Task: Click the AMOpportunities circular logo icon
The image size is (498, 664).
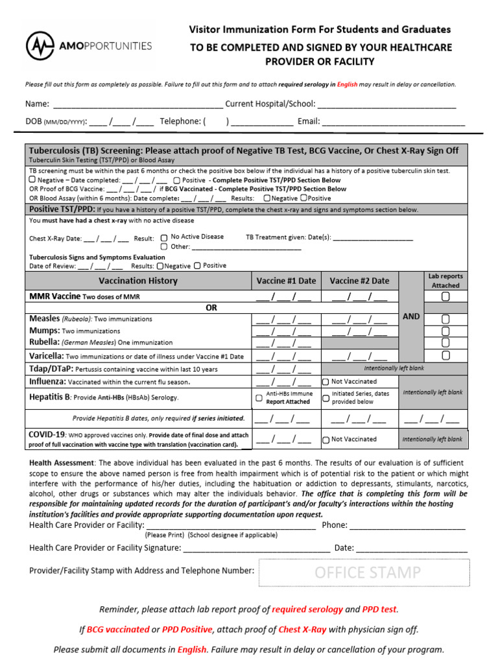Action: click(x=41, y=46)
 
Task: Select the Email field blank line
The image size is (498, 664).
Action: click(x=394, y=122)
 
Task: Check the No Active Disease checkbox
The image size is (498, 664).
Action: click(x=164, y=237)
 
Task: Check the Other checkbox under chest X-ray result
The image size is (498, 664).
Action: click(x=164, y=247)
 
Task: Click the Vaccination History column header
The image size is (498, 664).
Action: click(x=137, y=281)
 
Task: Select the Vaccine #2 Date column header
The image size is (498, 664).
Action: click(x=359, y=281)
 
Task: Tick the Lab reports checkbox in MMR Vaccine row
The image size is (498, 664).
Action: click(x=445, y=297)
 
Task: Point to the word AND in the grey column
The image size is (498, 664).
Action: click(x=411, y=316)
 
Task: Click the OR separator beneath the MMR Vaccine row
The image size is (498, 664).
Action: click(x=211, y=308)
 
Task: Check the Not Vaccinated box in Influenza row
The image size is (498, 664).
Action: click(x=326, y=382)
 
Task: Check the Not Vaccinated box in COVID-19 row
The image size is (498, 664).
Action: click(x=326, y=439)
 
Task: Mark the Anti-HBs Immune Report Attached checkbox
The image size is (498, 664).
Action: click(x=259, y=397)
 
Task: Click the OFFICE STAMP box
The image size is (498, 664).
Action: click(x=364, y=573)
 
